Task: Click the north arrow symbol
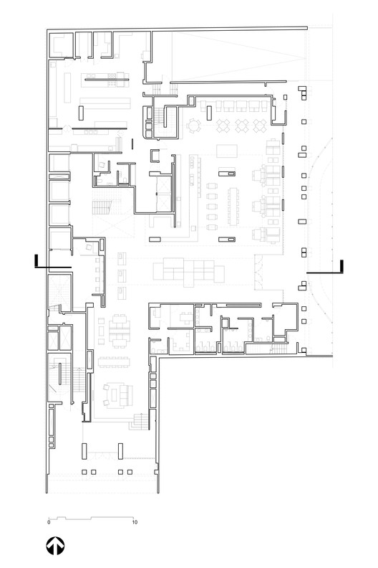tap(55, 546)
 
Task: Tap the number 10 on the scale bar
tap(135, 522)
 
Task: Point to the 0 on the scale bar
tap(49, 522)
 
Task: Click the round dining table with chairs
tap(194, 126)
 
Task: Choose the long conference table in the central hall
tap(233, 206)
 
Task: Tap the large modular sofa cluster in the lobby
tap(188, 272)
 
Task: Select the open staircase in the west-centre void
tap(102, 207)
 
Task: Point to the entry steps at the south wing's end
tap(140, 421)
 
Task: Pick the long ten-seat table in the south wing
tap(114, 362)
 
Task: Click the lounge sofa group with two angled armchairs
tap(118, 395)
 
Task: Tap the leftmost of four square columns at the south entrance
tap(84, 472)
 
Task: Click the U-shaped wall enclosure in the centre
tap(155, 156)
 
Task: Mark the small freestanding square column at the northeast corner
tap(286, 97)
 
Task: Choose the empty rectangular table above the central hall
tap(227, 151)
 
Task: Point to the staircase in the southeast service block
tap(279, 349)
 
